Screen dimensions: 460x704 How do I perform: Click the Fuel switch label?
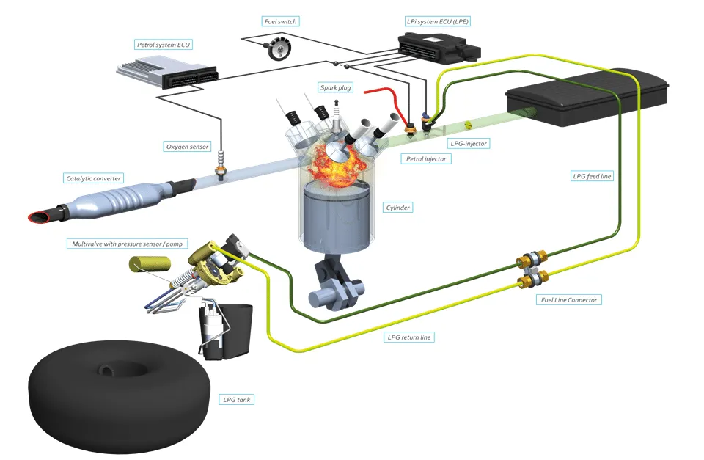[x=280, y=22]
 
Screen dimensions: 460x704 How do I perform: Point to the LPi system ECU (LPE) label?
[x=438, y=22]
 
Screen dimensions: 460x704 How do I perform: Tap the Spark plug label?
[x=335, y=88]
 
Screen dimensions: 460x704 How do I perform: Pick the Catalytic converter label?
[x=94, y=178]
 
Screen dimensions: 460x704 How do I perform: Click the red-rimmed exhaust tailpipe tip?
[x=38, y=216]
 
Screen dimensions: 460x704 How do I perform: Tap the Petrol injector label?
[x=425, y=158]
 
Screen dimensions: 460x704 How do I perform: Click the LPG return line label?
[x=409, y=337]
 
